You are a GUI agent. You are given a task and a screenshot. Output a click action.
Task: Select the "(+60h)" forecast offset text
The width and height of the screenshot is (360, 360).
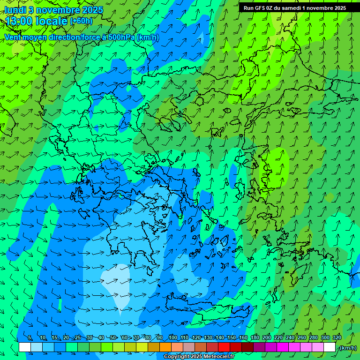pyautogui.click(x=81, y=21)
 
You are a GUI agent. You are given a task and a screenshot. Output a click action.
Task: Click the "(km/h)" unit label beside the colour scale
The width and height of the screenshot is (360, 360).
pyautogui.click(x=348, y=348)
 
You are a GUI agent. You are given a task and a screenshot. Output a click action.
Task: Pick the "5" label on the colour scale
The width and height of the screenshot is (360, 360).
pyautogui.click(x=30, y=337)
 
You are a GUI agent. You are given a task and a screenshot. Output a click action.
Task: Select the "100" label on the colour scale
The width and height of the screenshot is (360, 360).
pyautogui.click(x=173, y=337)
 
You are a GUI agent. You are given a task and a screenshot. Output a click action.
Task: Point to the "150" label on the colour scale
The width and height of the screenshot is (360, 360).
pyautogui.click(x=232, y=337)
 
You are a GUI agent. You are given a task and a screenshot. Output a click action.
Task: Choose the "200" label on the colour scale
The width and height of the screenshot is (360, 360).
pyautogui.click(x=267, y=337)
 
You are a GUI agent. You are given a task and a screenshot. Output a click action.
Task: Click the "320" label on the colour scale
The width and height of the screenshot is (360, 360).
pyautogui.click(x=337, y=337)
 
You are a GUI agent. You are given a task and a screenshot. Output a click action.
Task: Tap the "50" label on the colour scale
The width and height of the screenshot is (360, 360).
pyautogui.click(x=113, y=337)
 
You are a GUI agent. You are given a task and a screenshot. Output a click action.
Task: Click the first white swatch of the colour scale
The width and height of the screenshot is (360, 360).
pyautogui.click(x=25, y=347)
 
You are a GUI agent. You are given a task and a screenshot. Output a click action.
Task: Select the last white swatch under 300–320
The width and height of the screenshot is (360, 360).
pyautogui.click(x=330, y=347)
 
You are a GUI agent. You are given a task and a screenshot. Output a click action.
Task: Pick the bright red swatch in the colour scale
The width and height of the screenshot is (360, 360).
pyautogui.click(x=224, y=347)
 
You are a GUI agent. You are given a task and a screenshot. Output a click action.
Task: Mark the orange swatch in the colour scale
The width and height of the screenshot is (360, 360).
pyautogui.click(x=165, y=347)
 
